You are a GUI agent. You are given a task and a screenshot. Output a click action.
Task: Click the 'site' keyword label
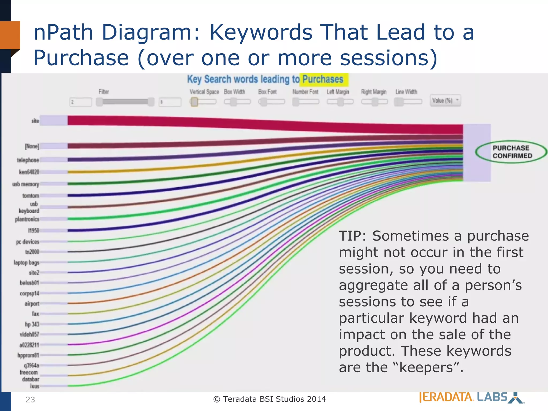tap(35, 121)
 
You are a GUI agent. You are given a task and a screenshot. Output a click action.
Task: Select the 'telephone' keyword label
tap(28, 160)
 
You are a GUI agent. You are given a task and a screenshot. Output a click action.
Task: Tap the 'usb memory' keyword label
tap(26, 184)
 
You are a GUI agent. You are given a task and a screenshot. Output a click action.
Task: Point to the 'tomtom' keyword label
tap(31, 196)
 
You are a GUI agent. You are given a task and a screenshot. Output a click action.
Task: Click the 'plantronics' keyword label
tap(27, 219)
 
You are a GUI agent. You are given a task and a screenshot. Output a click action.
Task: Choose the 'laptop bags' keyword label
tap(26, 262)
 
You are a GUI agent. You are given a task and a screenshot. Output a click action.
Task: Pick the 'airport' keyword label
tap(32, 304)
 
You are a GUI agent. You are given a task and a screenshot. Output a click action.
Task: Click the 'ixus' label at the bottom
tap(35, 386)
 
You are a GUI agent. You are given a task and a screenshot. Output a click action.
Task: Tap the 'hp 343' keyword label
tap(32, 324)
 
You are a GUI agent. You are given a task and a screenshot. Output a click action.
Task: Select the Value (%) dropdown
tap(445, 101)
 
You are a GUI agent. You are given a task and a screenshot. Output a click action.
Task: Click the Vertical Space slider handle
tap(195, 102)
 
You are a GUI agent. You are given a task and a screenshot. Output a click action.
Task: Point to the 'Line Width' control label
tap(406, 92)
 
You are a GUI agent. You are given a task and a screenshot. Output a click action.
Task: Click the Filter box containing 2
tap(81, 102)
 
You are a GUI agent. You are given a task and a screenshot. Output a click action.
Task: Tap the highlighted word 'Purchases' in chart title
tap(323, 79)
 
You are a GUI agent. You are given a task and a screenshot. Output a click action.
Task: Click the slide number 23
tap(30, 399)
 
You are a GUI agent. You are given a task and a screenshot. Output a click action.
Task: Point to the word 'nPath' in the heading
tap(63, 32)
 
